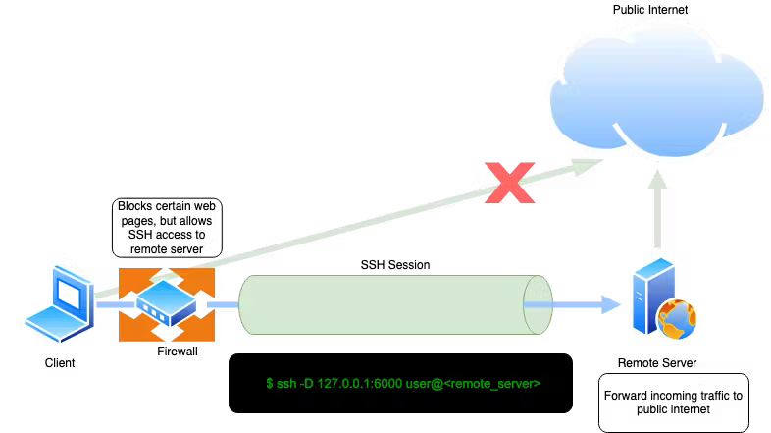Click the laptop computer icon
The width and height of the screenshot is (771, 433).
[x=61, y=302]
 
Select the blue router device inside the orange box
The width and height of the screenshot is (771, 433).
[x=166, y=303]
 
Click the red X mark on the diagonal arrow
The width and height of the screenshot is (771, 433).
[x=510, y=183]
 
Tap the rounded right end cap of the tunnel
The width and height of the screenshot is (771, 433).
[x=539, y=304]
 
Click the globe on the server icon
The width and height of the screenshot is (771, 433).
[x=678, y=320]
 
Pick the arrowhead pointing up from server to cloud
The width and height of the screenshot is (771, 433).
[x=658, y=179]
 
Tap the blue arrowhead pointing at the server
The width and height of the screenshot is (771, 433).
[x=613, y=304]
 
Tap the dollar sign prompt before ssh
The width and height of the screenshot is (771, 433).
[x=269, y=383]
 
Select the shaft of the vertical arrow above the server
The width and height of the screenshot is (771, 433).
[x=658, y=221]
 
